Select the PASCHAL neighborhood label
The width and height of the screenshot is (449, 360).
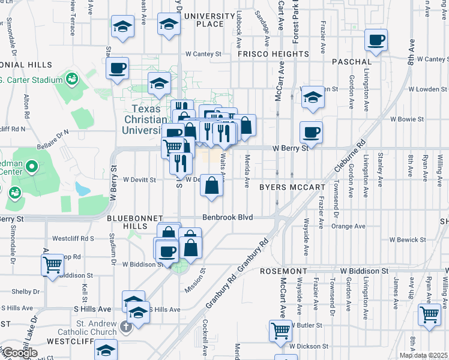coord(351,61)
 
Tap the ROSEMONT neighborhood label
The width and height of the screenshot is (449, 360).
coord(284,271)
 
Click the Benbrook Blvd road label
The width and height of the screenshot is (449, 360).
coord(228,217)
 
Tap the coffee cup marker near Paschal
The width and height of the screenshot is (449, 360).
coord(376,41)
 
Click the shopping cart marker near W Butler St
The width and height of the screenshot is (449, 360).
coord(430,314)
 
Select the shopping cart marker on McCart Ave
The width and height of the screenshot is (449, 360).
coord(281,331)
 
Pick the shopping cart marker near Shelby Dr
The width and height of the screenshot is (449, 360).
coord(52,264)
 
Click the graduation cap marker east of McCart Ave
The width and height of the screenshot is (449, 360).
coord(312,97)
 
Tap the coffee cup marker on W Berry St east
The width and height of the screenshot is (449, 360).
coord(311,132)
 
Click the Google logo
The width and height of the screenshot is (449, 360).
coord(20,353)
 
